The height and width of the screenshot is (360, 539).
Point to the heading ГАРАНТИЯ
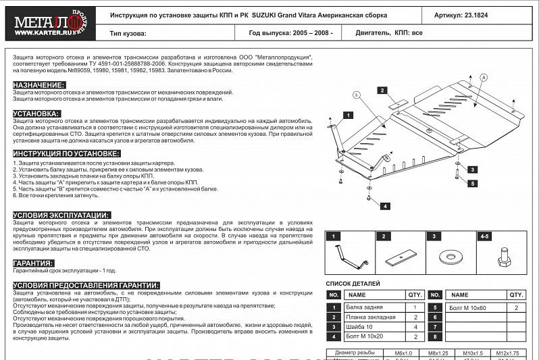[33, 263]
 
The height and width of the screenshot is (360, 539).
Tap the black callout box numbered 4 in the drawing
[384, 205]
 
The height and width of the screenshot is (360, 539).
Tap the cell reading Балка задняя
[363, 307]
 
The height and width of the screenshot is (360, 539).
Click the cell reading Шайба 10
[358, 326]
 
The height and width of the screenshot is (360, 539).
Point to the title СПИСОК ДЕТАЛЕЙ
[353, 284]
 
